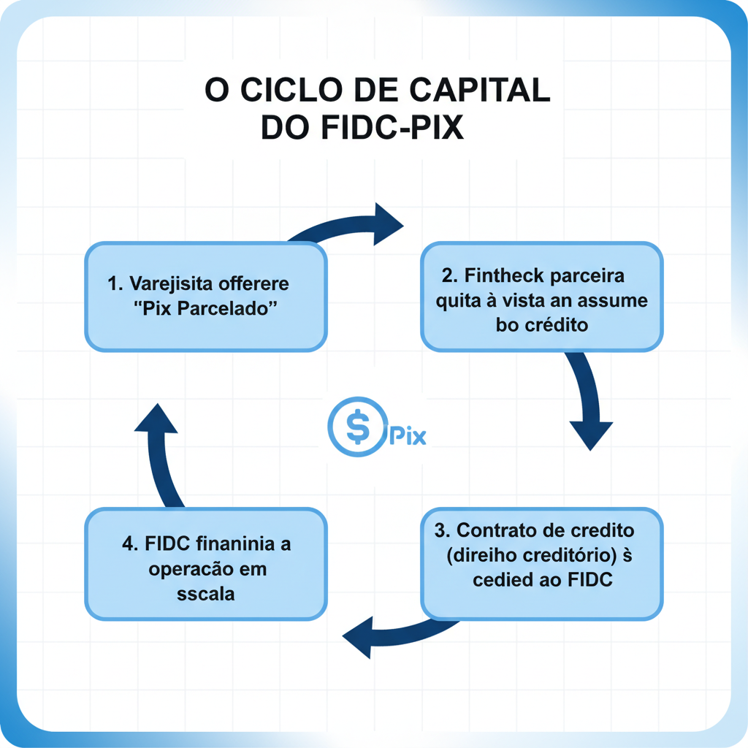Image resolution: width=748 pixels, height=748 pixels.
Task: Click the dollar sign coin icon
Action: [357, 427]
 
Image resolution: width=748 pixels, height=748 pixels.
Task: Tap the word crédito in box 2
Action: [557, 325]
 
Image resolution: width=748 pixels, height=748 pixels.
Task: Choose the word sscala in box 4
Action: [206, 593]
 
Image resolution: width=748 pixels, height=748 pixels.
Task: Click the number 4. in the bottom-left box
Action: [131, 545]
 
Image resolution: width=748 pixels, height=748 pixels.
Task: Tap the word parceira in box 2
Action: [588, 277]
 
